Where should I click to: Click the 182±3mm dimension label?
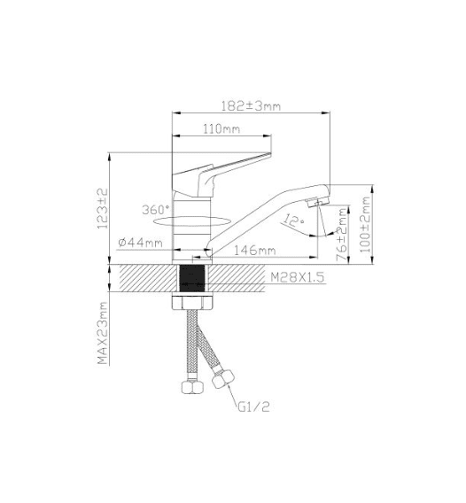pyautogui.click(x=251, y=106)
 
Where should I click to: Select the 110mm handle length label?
pyautogui.click(x=221, y=129)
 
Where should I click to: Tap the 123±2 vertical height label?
pyautogui.click(x=104, y=208)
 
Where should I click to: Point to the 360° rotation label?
pyautogui.click(x=156, y=210)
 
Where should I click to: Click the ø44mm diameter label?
pyautogui.click(x=140, y=242)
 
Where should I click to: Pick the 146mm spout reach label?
pyautogui.click(x=254, y=251)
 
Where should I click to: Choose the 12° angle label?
pyautogui.click(x=293, y=221)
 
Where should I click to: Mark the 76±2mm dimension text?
pyautogui.click(x=342, y=234)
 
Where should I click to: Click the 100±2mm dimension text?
pyautogui.click(x=365, y=225)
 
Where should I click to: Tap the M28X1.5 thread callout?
pyautogui.click(x=297, y=277)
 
